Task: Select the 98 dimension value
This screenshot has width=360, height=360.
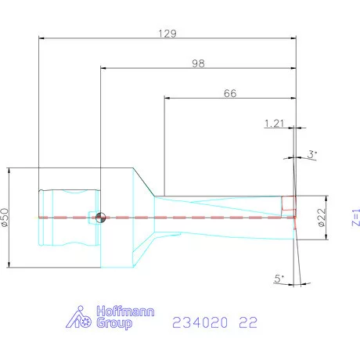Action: click(x=198, y=63)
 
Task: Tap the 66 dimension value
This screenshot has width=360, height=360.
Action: click(x=230, y=93)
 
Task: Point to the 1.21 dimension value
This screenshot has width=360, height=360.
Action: click(x=274, y=124)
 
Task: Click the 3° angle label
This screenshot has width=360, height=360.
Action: click(x=312, y=155)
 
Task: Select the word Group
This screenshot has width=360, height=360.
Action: click(x=113, y=323)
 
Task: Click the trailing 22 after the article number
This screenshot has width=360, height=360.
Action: click(x=249, y=322)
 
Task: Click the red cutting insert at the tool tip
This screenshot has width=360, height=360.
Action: click(x=290, y=207)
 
